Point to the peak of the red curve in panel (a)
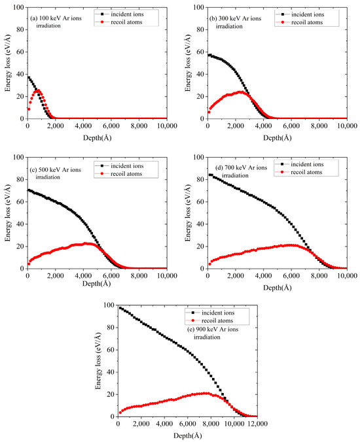(39, 90)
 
